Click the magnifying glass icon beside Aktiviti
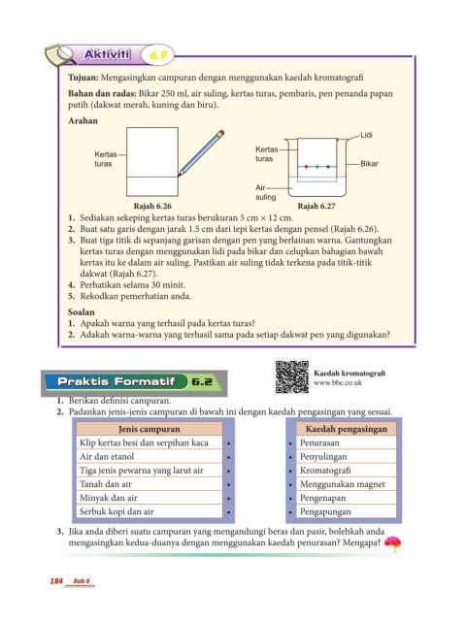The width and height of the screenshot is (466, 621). [60, 54]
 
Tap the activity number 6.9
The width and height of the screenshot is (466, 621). [158, 55]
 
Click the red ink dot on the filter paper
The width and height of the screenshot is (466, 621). [306, 167]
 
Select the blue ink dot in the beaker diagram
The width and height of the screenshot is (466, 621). [328, 167]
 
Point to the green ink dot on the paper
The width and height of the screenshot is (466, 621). [317, 167]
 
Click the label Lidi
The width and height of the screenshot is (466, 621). [366, 135]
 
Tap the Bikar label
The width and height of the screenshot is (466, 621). [369, 164]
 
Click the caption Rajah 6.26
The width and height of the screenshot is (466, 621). [152, 206]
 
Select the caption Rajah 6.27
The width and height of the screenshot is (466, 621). [316, 206]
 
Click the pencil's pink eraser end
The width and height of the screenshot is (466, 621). [221, 133]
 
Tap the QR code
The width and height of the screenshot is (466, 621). [292, 377]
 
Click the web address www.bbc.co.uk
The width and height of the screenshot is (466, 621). [338, 383]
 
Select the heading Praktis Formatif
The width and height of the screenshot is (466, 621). [116, 381]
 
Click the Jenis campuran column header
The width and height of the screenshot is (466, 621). [150, 429]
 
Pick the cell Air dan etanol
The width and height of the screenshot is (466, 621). [150, 457]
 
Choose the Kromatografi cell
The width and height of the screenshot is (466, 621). [347, 471]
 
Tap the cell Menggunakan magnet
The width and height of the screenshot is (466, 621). [347, 484]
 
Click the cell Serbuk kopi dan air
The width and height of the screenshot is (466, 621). [150, 511]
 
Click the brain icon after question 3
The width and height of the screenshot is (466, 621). [392, 543]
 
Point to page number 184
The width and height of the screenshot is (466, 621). [56, 581]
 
